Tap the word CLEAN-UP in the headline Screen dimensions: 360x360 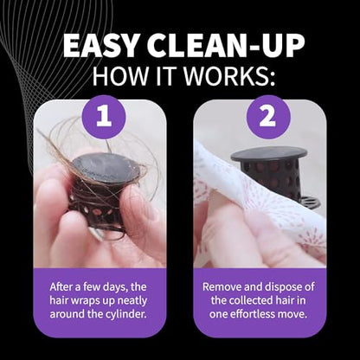(227, 45)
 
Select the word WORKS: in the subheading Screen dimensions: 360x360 (229, 75)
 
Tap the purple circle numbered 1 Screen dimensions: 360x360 (104, 117)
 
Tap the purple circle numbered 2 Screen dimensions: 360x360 (268, 117)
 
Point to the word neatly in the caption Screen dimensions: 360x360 (131, 300)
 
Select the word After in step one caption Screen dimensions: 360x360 (60, 287)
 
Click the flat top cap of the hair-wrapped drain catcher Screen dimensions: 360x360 (106, 168)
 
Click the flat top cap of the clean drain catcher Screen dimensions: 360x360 (269, 154)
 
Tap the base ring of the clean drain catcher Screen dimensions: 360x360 (309, 202)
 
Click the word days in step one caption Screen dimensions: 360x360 (114, 287)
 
